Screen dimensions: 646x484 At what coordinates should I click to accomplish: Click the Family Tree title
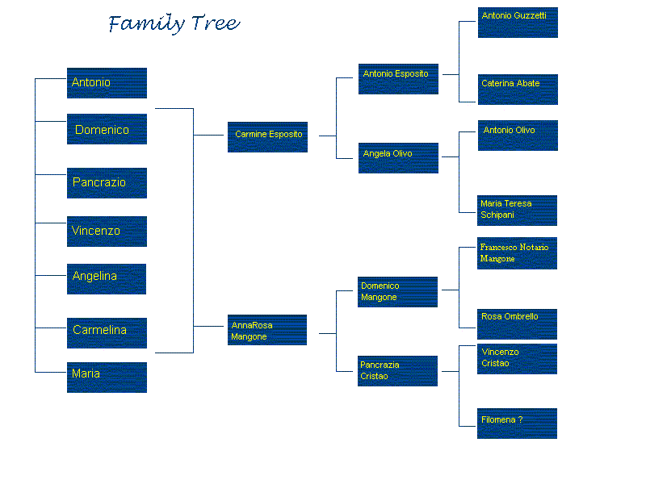(x=174, y=23)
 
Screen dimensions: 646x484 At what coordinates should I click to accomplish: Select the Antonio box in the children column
(x=107, y=83)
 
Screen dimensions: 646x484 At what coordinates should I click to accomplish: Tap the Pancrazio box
(x=107, y=183)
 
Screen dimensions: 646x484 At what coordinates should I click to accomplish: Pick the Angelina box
(x=107, y=279)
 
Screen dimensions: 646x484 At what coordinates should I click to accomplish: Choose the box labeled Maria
(x=107, y=378)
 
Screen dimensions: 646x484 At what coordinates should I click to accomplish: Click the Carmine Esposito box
(x=267, y=137)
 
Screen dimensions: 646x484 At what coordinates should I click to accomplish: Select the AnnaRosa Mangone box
(x=267, y=330)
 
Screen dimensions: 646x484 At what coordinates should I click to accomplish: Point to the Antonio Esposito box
(x=398, y=79)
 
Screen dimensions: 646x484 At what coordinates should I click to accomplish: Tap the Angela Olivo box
(x=398, y=158)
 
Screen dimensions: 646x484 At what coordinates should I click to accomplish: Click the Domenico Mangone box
(x=397, y=292)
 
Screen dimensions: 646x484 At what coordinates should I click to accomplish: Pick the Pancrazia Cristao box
(x=397, y=371)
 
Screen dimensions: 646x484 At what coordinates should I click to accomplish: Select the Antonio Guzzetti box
(x=518, y=23)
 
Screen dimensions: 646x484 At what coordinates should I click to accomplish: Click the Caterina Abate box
(x=518, y=90)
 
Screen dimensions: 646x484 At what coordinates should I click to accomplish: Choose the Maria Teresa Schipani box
(x=517, y=211)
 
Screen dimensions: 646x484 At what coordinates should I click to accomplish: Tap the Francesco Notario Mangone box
(x=517, y=253)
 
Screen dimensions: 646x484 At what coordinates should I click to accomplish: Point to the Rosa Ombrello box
(x=517, y=324)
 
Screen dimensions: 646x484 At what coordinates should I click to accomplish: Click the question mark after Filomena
(x=520, y=419)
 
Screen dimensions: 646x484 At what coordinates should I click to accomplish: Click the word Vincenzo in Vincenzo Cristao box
(x=500, y=352)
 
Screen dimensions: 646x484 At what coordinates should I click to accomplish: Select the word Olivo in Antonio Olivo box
(x=524, y=130)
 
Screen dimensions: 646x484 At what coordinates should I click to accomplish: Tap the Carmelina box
(x=107, y=333)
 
